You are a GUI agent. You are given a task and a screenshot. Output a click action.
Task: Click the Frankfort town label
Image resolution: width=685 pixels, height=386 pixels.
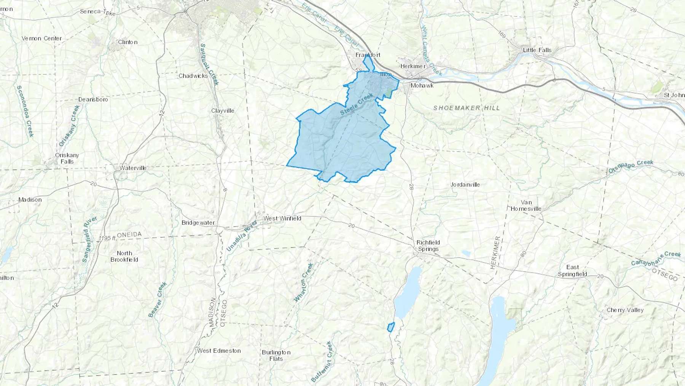coord(368,55)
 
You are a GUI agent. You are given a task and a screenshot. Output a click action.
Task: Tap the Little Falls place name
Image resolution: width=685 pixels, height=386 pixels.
coord(537,50)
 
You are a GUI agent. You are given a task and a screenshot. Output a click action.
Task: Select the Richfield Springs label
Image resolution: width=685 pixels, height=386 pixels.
coord(428,246)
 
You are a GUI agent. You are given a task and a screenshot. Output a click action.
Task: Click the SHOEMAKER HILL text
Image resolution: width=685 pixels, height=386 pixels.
coord(467,108)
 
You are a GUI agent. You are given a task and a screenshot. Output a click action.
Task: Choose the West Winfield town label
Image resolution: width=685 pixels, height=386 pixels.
coord(282,218)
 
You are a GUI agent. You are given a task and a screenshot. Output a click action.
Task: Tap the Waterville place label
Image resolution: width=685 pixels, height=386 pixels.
coord(133,168)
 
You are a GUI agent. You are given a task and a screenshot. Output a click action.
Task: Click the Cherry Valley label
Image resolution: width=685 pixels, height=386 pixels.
coord(625,310)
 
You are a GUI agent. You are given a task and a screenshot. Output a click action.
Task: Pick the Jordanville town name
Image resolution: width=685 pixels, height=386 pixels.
coord(465,184)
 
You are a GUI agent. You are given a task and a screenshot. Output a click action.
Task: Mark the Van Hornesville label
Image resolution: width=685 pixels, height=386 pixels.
coord(526,205)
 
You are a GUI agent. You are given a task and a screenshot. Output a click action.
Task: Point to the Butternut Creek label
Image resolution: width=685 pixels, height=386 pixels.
coord(322,362)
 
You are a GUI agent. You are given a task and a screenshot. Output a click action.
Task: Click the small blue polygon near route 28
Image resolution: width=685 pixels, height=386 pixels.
coord(390,327)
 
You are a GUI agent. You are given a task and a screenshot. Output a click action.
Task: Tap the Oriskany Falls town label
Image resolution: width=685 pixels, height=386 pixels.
coord(67,158)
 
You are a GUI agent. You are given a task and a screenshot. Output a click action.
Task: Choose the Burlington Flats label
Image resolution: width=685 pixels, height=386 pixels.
coord(276,355)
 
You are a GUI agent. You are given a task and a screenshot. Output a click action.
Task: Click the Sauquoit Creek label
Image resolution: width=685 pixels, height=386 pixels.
coord(209,64)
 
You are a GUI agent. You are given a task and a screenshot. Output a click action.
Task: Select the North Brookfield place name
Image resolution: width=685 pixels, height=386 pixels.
coord(124,256)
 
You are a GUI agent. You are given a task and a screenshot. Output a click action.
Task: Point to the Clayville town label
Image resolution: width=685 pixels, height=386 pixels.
coord(223,111)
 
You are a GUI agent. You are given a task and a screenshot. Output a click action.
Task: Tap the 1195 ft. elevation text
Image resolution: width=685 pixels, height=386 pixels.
coord(107,238)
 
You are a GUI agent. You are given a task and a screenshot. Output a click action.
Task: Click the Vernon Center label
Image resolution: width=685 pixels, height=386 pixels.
coord(41,38)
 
